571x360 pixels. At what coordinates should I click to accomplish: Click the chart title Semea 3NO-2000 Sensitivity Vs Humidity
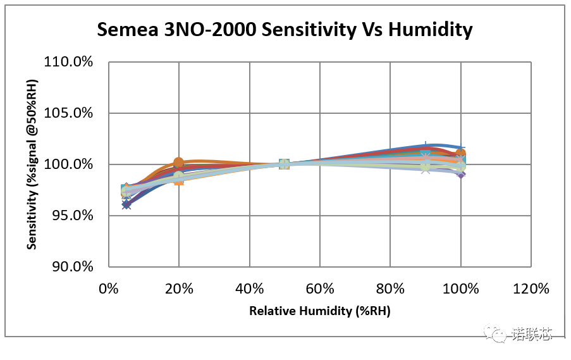coord(285,30)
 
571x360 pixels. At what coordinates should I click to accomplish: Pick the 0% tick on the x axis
coord(109,289)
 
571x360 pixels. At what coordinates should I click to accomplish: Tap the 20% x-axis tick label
coord(179,289)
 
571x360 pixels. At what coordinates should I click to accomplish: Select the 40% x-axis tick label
coord(249,289)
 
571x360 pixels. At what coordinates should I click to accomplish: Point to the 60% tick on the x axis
coord(320,289)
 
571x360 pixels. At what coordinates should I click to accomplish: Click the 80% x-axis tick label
coord(390,289)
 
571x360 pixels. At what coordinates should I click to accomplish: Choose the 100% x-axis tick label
coord(460,289)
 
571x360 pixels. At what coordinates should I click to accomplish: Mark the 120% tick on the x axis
coord(531,289)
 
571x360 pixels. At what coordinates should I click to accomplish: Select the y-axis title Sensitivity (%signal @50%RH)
coord(32,164)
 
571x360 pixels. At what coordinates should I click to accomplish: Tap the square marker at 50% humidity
coord(285,164)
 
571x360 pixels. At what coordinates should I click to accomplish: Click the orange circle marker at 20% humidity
coord(179,163)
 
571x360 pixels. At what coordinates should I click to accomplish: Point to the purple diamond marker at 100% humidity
coord(461,173)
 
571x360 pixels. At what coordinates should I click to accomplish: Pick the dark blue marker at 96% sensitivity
coord(126,204)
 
